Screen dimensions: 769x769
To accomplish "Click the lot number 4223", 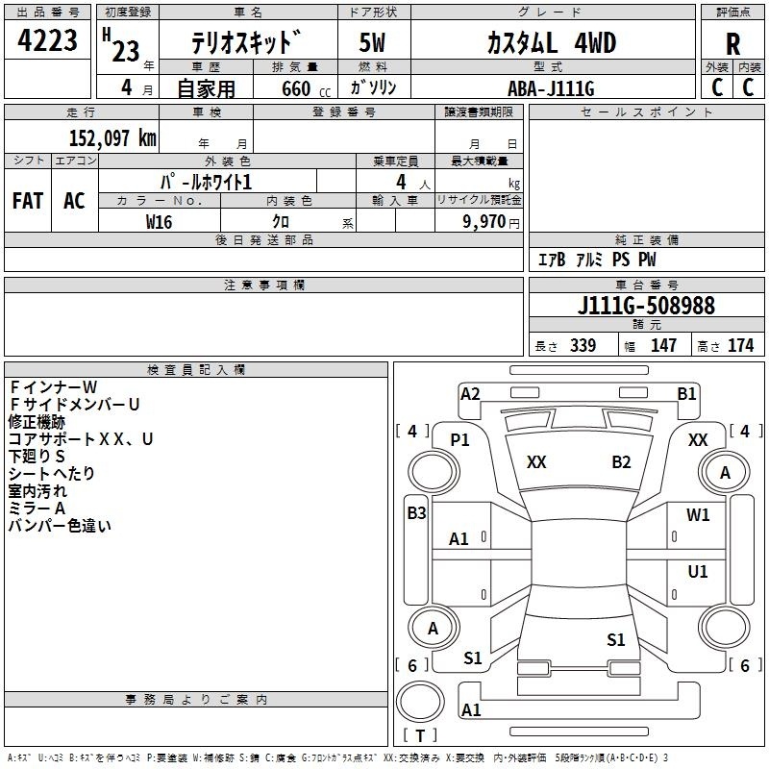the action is point(47,40).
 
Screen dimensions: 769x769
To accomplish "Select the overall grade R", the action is point(732,44).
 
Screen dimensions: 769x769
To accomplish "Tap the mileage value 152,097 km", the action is point(112,137).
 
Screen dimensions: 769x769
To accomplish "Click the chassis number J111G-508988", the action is point(646,305).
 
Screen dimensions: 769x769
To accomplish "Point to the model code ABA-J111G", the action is point(551,88).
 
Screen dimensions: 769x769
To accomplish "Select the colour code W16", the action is point(159,222).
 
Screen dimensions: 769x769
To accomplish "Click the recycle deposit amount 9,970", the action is point(484,221).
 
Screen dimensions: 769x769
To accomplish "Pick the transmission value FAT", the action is point(28,201).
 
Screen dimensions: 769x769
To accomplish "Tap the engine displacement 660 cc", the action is point(306,89).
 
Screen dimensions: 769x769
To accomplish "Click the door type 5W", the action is point(372,42).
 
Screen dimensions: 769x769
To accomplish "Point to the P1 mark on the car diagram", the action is point(459,440).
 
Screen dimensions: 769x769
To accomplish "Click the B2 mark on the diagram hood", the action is point(621,462).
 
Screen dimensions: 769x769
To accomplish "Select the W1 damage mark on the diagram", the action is point(698,515).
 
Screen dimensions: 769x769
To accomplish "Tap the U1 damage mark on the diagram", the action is point(698,571).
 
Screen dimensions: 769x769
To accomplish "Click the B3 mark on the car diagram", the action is point(416,513).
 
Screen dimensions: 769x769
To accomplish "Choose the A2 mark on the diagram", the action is point(470,394).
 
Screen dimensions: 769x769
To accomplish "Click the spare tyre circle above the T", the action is point(420,702).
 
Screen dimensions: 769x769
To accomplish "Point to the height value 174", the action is point(740,345).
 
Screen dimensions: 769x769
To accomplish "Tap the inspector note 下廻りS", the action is point(37,456).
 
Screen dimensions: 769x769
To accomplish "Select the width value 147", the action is point(663,345).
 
